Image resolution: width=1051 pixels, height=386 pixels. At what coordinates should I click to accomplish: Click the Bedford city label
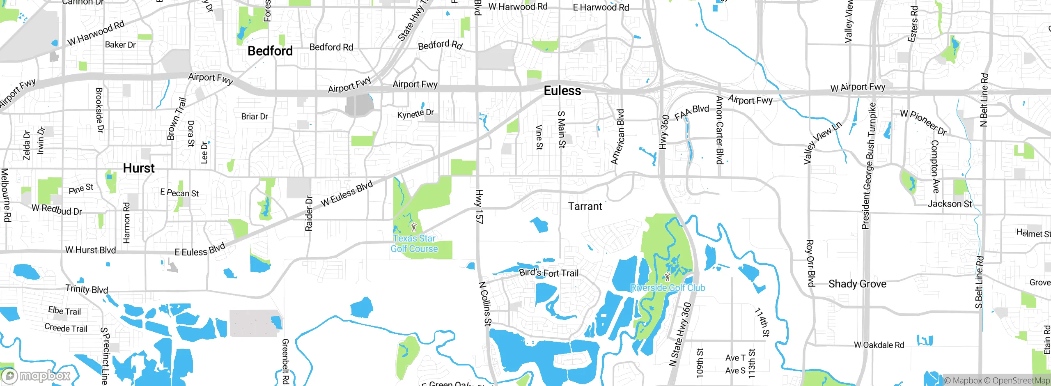(270, 51)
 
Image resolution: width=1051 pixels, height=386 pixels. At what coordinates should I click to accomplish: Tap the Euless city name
(562, 91)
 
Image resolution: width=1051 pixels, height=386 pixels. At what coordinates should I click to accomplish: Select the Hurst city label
(139, 168)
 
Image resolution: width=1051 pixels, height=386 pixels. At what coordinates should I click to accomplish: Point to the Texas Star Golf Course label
(414, 244)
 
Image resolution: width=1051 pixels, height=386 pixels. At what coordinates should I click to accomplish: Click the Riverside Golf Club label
(668, 288)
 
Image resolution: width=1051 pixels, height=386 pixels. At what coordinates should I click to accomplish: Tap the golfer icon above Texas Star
(414, 227)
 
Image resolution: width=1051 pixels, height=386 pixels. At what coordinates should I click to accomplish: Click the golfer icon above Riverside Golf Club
(668, 276)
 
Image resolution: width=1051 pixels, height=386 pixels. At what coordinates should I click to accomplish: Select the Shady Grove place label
(857, 284)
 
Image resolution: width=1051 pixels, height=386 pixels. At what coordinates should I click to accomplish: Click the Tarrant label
(585, 206)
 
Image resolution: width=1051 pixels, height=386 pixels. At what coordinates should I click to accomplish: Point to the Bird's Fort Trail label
(548, 273)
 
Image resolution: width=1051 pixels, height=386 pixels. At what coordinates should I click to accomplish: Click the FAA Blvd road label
(692, 112)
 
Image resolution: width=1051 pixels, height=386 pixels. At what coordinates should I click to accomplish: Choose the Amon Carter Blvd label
(719, 130)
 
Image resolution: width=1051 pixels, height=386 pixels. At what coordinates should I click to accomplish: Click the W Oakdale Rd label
(879, 345)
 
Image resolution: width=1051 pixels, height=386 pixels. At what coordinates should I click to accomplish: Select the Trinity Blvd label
(87, 289)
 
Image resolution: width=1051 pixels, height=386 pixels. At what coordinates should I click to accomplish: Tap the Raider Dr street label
(309, 213)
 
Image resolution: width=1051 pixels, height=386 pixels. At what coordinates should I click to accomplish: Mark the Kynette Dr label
(415, 113)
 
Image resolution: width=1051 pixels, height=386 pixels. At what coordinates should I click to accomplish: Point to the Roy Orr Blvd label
(810, 263)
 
